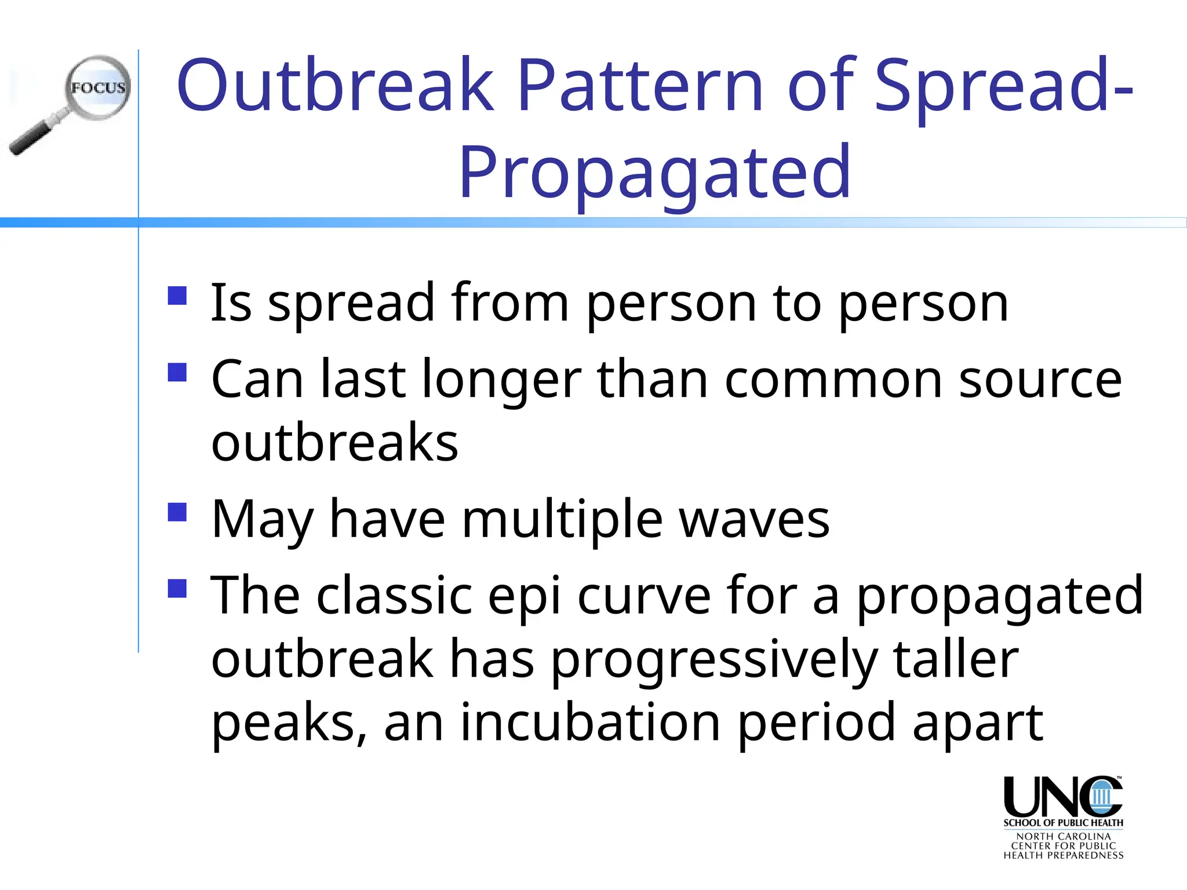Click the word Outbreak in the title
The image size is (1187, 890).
[x=334, y=86]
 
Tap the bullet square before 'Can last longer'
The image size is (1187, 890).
[x=177, y=372]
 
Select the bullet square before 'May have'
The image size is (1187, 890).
[x=177, y=512]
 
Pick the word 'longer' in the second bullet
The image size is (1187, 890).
[x=501, y=380]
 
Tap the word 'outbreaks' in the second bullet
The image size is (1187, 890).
[x=334, y=443]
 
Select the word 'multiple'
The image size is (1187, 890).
[x=562, y=520]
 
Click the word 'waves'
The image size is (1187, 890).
[x=754, y=520]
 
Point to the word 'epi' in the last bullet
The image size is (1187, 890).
[x=524, y=597]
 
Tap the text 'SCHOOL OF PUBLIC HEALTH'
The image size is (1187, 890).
[x=1063, y=823]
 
